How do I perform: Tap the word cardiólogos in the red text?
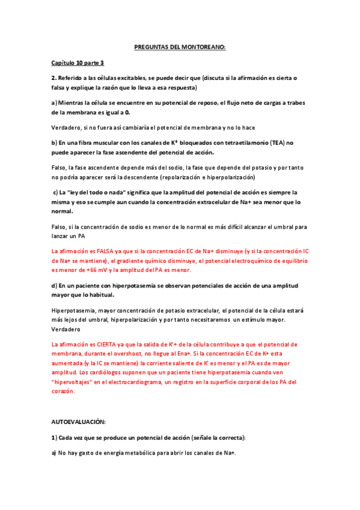tap(126, 372)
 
